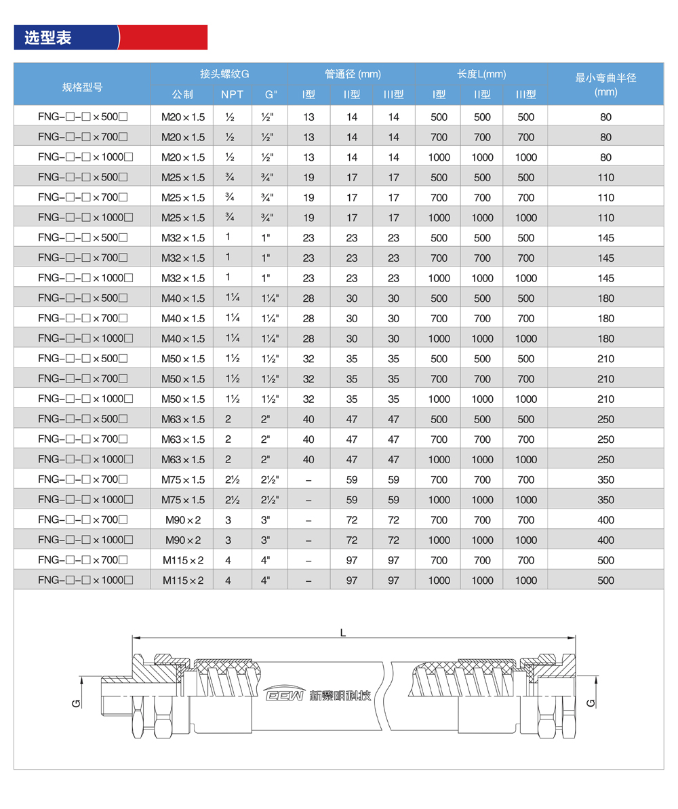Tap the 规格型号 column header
(82, 86)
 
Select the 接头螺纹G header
(220, 74)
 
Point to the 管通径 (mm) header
(352, 74)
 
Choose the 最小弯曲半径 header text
(605, 78)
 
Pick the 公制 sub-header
(182, 94)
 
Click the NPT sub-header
(233, 94)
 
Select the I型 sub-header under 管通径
(308, 94)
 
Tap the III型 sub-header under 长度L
(525, 94)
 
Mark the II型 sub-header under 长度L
(482, 94)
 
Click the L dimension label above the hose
(344, 633)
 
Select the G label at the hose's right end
(591, 702)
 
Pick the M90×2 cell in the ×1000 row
(182, 540)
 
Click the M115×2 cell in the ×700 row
(182, 560)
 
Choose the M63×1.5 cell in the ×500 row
(182, 419)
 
